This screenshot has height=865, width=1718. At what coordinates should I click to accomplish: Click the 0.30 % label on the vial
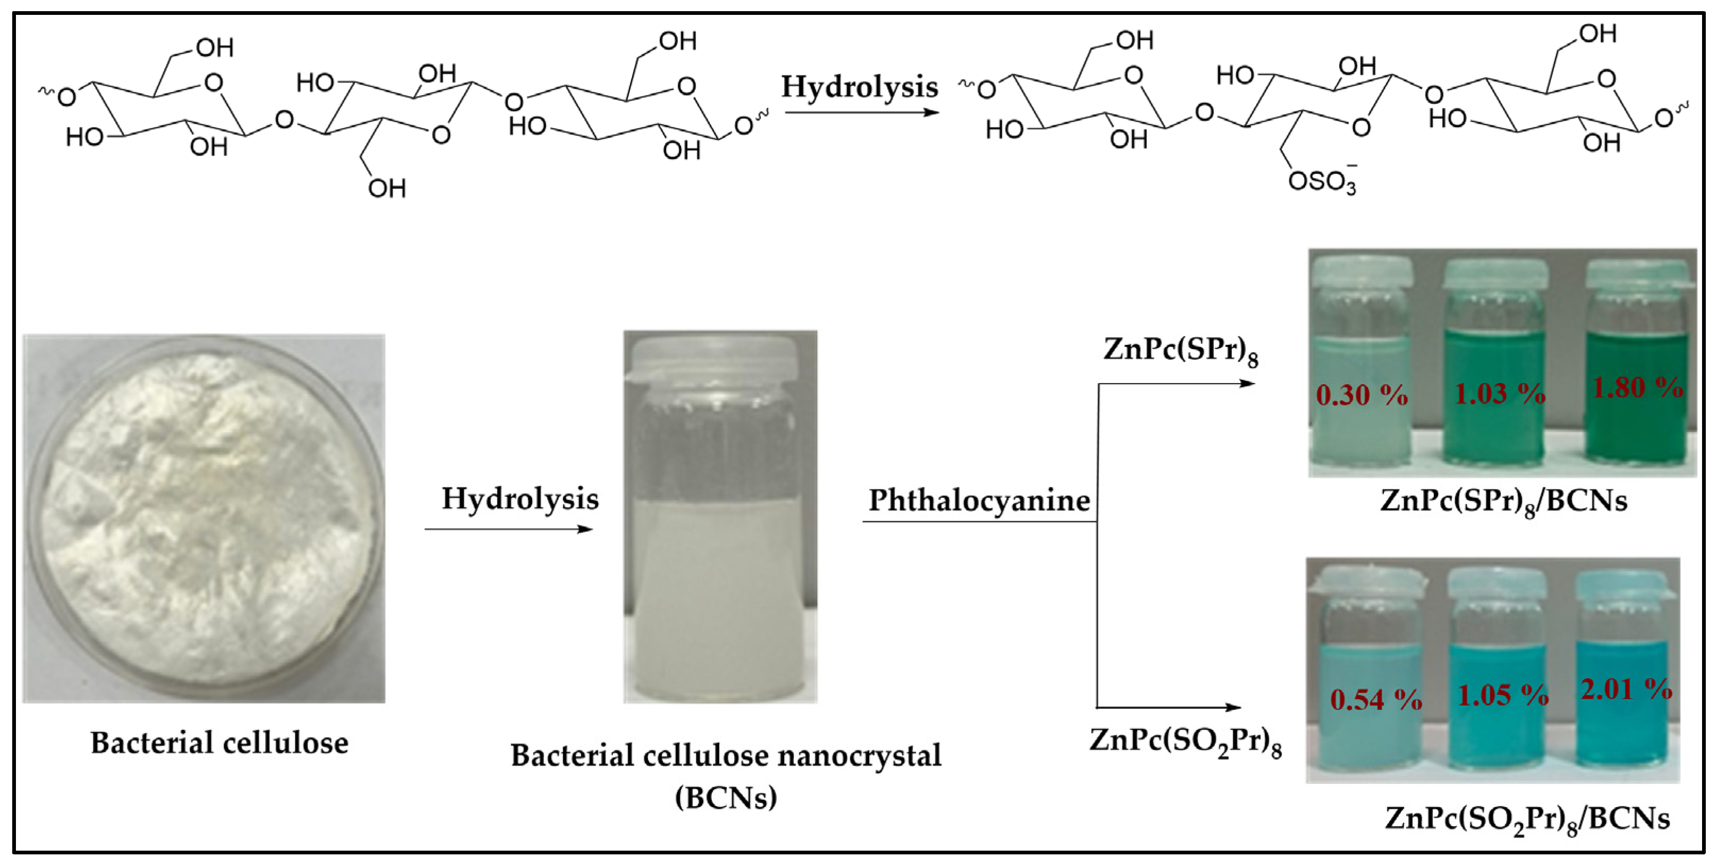1361,395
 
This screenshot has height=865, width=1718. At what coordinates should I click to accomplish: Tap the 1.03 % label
1499,394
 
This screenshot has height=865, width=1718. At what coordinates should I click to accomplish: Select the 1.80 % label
1637,387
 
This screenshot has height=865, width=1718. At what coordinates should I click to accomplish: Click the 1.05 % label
1502,696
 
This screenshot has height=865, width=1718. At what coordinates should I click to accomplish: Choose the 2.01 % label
1626,689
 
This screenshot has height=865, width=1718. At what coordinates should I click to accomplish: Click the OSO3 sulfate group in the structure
1322,181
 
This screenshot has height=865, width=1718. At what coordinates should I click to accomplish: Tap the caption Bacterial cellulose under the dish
219,743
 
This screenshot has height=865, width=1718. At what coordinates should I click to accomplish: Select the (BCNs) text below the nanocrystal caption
726,797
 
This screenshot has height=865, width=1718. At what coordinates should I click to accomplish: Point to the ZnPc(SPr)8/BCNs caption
1503,501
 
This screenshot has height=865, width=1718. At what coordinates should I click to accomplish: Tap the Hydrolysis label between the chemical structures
860,87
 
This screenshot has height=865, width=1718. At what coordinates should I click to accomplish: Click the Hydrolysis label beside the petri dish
520,499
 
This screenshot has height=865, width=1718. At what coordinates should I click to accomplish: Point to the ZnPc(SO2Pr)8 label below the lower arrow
1185,741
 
